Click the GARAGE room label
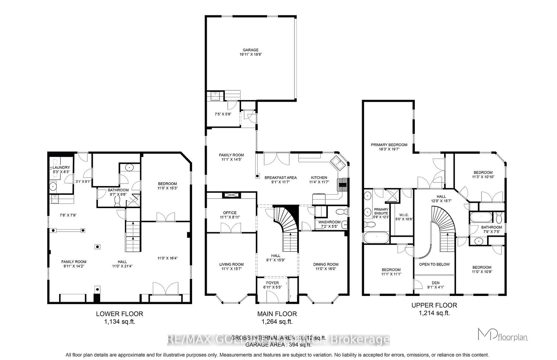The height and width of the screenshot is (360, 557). tap(250, 50)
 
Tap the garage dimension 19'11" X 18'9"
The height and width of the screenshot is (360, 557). tap(250, 54)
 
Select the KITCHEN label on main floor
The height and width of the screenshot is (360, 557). tap(319, 178)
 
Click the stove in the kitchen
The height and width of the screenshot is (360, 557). tap(342, 185)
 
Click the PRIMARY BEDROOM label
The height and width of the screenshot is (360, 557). tap(389, 145)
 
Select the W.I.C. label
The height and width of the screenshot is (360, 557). tap(404, 215)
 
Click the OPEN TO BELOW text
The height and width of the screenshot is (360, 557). tap(434, 264)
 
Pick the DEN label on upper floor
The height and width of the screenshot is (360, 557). tap(435, 283)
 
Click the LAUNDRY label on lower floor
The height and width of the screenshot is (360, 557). tap(61, 168)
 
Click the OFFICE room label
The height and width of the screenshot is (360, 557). tap(230, 213)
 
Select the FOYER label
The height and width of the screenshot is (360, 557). tap(272, 283)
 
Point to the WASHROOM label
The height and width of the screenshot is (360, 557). tap(329, 222)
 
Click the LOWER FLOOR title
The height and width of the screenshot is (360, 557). tap(119, 314)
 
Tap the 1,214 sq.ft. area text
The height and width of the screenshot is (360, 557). tap(434, 313)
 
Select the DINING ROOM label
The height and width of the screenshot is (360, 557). tap(325, 264)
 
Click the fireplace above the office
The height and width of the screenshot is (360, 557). tap(231, 195)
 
